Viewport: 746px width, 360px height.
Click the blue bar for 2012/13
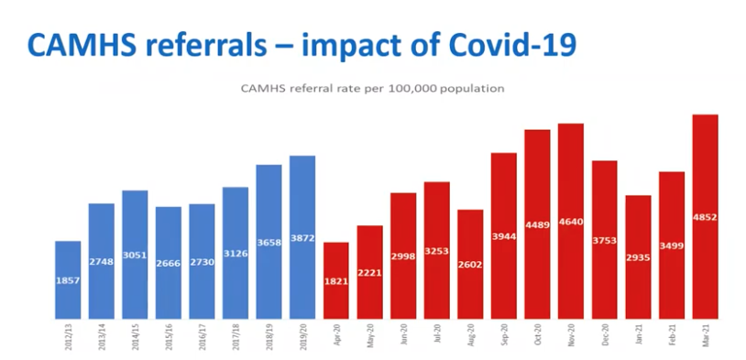pyautogui.click(x=68, y=279)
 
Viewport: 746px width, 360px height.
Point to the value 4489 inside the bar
pyautogui.click(x=538, y=224)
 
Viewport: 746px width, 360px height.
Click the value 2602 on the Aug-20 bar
pyautogui.click(x=470, y=264)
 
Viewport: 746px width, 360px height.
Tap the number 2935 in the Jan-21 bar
pyautogui.click(x=638, y=258)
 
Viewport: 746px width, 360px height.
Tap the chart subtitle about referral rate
pyautogui.click(x=372, y=89)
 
